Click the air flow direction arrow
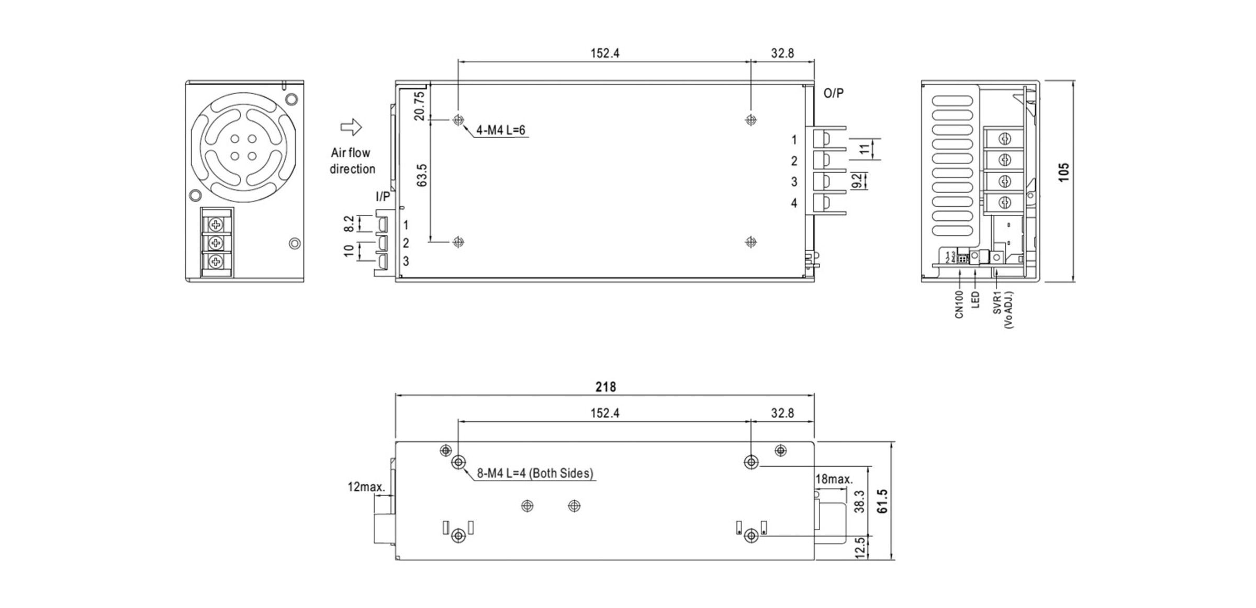[x=351, y=127]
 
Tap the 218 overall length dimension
[x=605, y=387]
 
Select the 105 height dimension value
[x=1064, y=172]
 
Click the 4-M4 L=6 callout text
[x=500, y=130]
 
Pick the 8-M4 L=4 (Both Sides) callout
[x=535, y=474]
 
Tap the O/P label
[x=834, y=93]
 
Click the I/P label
[x=383, y=196]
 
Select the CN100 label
[x=959, y=305]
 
